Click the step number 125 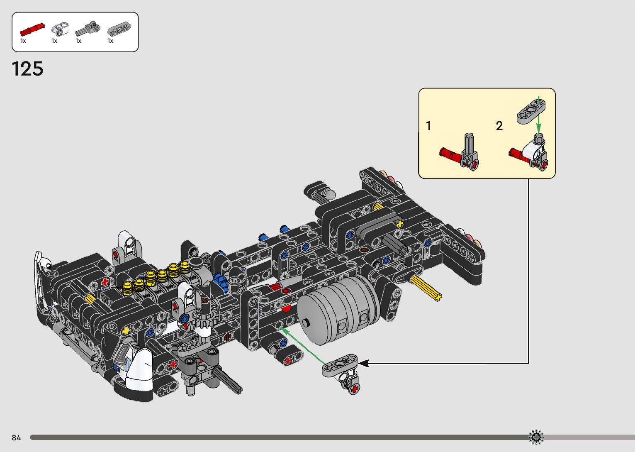pyautogui.click(x=27, y=68)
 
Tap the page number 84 pyautogui.click(x=17, y=437)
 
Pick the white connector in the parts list pyautogui.click(x=60, y=29)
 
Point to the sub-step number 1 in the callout pyautogui.click(x=428, y=126)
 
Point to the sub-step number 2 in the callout pyautogui.click(x=499, y=126)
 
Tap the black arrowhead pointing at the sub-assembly pyautogui.click(x=363, y=363)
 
